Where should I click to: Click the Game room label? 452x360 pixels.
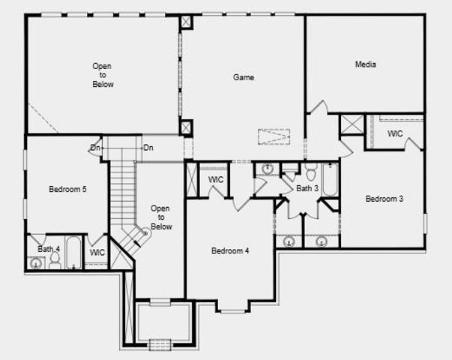pyautogui.click(x=244, y=77)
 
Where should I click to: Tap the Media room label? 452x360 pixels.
pyautogui.click(x=365, y=64)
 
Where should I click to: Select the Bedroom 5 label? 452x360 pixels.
pyautogui.click(x=68, y=190)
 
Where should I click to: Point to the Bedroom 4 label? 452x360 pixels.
pyautogui.click(x=230, y=250)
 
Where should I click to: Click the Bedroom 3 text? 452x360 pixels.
pyautogui.click(x=385, y=199)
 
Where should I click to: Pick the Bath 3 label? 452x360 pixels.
pyautogui.click(x=307, y=188)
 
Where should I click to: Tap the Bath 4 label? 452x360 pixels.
pyautogui.click(x=49, y=248)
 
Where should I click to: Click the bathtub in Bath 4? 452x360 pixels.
pyautogui.click(x=73, y=253)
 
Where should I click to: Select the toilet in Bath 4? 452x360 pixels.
pyautogui.click(x=55, y=260)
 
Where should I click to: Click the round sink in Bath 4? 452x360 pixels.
pyautogui.click(x=35, y=262)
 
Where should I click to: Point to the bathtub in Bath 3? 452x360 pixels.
pyautogui.click(x=330, y=180)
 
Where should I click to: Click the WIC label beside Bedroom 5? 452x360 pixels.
pyautogui.click(x=97, y=253)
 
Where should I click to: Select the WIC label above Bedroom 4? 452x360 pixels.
pyautogui.click(x=216, y=180)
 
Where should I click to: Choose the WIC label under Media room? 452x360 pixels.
pyautogui.click(x=395, y=133)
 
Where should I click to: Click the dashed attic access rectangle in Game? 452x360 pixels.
pyautogui.click(x=274, y=136)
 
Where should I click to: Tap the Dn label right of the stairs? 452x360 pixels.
pyautogui.click(x=148, y=148)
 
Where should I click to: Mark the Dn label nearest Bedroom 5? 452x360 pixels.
pyautogui.click(x=95, y=148)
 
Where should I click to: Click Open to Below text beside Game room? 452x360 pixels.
pyautogui.click(x=103, y=75)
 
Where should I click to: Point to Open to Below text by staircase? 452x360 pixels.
pyautogui.click(x=160, y=217)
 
